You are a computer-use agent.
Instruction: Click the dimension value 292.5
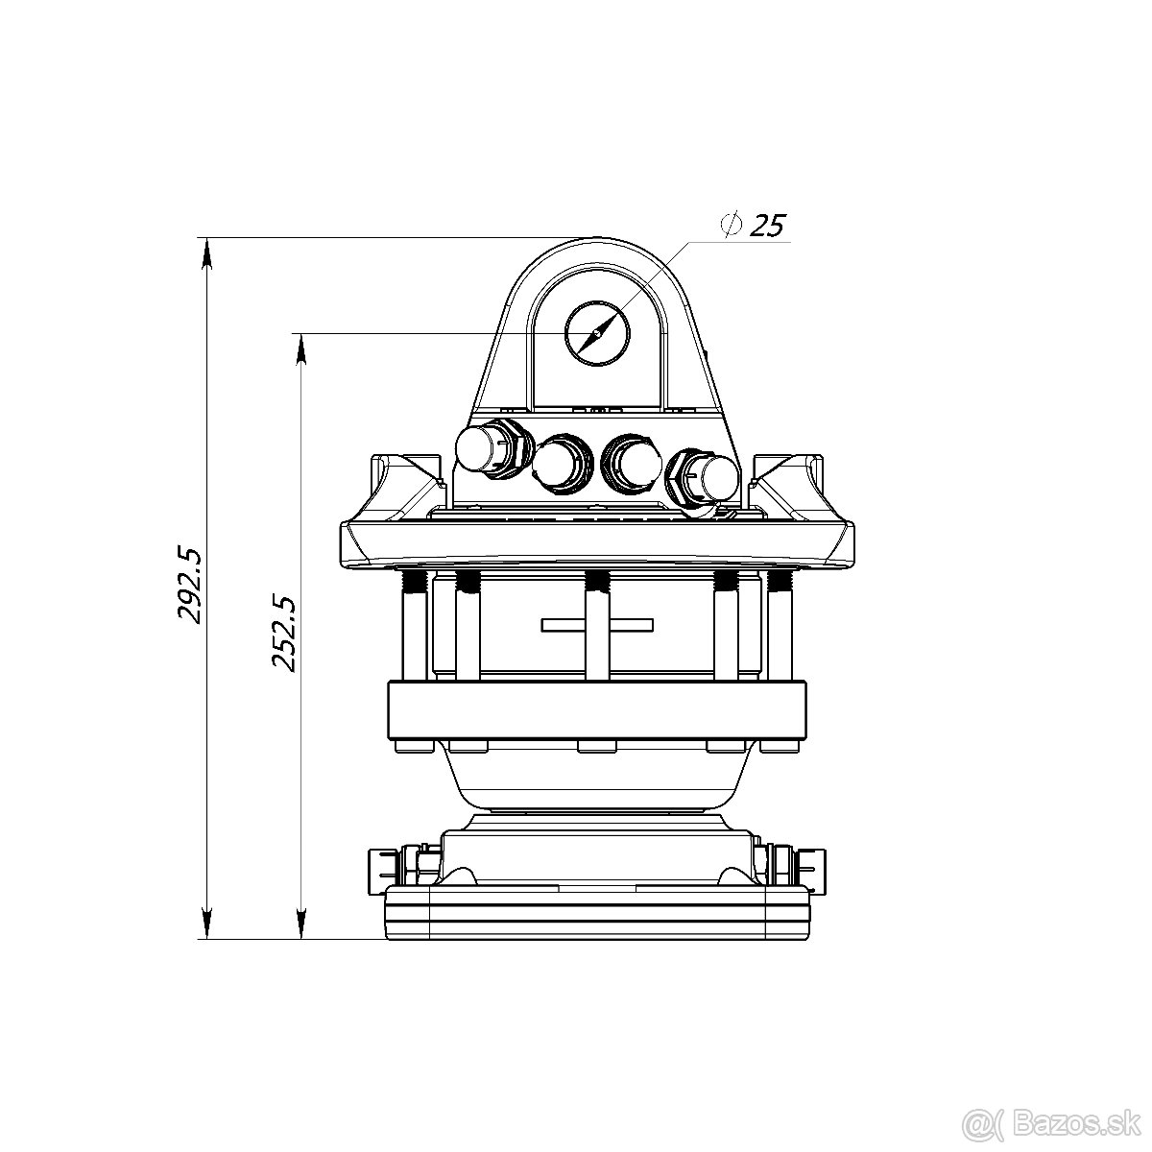click(189, 585)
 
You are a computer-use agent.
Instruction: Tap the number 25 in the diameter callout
click(766, 226)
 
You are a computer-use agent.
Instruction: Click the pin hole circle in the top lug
click(597, 333)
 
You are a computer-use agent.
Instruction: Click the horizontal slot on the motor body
click(597, 625)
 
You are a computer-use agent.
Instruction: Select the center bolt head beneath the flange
click(597, 746)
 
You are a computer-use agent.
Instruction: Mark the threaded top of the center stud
click(597, 581)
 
